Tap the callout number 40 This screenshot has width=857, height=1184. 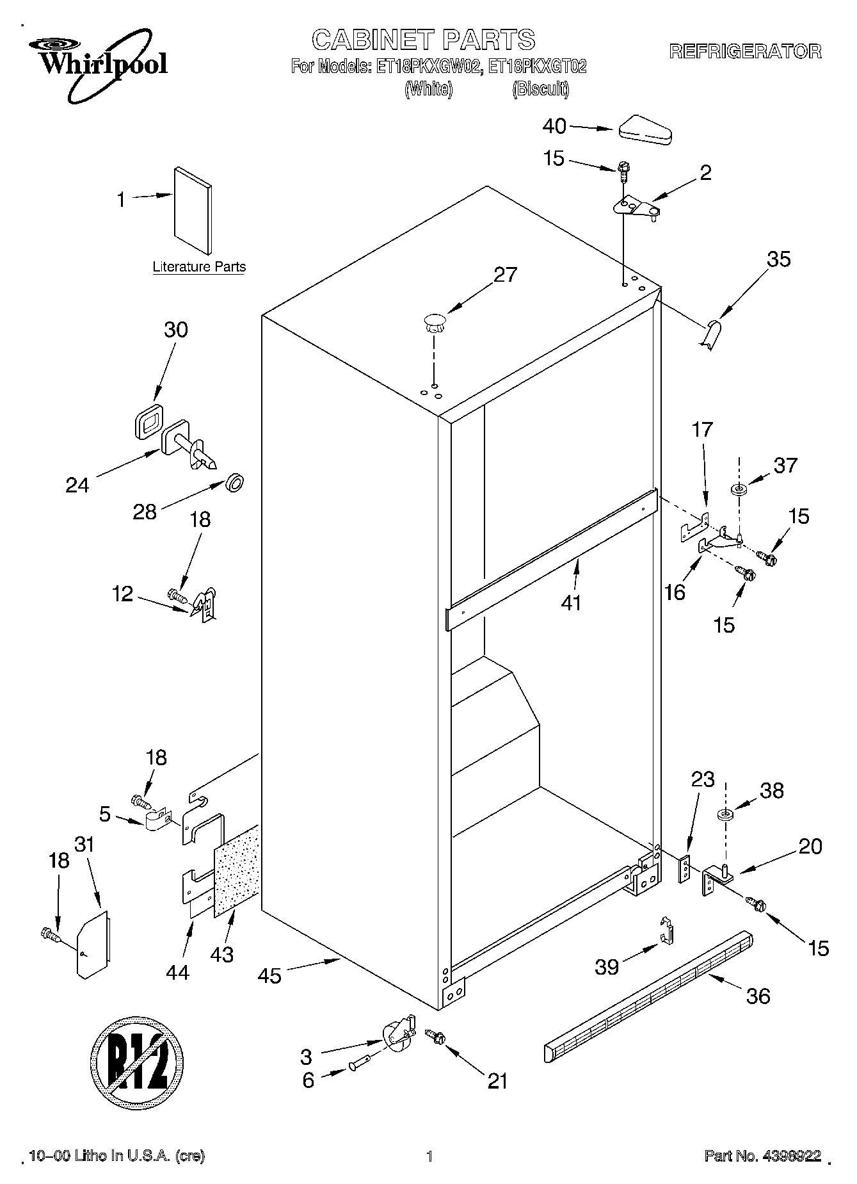[x=554, y=127]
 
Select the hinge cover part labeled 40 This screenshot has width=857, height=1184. [x=645, y=129]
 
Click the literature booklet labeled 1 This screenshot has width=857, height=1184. [x=193, y=210]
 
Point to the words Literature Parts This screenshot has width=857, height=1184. [x=199, y=267]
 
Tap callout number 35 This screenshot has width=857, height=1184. [x=778, y=259]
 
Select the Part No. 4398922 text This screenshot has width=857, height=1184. [x=762, y=1156]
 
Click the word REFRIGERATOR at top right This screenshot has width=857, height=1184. [x=745, y=52]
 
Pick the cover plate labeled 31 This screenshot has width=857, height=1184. [x=92, y=945]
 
